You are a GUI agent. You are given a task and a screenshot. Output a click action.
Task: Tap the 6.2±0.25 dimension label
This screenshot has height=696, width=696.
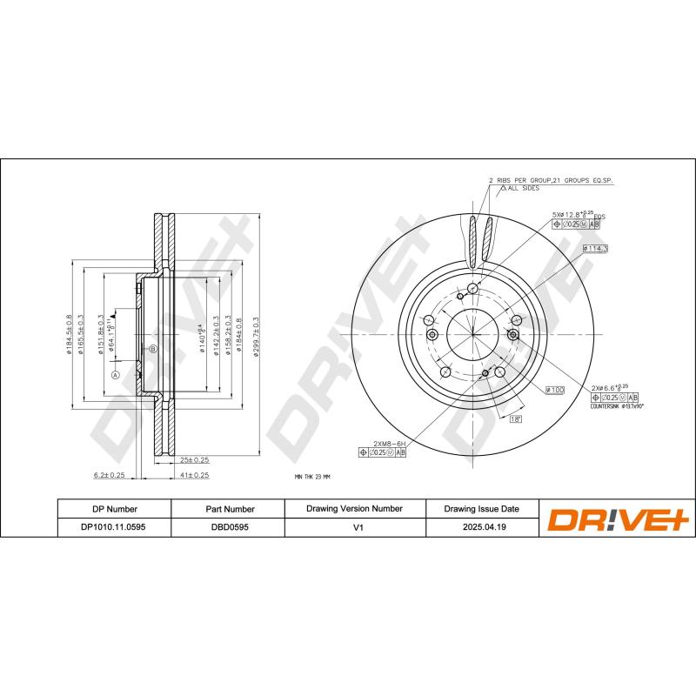[x=110, y=475]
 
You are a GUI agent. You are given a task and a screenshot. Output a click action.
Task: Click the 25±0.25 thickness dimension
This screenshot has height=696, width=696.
[x=193, y=458]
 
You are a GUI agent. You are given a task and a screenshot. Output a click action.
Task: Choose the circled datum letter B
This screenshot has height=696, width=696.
[x=152, y=349]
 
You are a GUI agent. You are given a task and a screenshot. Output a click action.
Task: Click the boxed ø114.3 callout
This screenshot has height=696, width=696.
[x=596, y=249]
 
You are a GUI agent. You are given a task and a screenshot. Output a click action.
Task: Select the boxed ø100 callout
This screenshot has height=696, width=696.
[x=556, y=391]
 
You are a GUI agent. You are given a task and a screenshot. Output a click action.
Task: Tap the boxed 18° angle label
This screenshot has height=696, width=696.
[x=515, y=418]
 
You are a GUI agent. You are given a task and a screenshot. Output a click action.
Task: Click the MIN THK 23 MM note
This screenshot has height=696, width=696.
[x=313, y=478]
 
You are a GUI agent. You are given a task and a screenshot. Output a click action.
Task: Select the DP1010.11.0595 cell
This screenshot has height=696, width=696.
[x=114, y=526]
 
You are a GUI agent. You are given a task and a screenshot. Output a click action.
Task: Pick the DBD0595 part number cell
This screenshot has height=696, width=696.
[x=229, y=526]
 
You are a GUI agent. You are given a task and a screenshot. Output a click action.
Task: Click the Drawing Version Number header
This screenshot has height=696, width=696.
[x=354, y=508]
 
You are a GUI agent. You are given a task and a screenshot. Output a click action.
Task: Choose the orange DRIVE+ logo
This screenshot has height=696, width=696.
[x=617, y=519]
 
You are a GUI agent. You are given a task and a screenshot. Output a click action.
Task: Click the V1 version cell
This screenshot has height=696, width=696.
[x=354, y=526]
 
